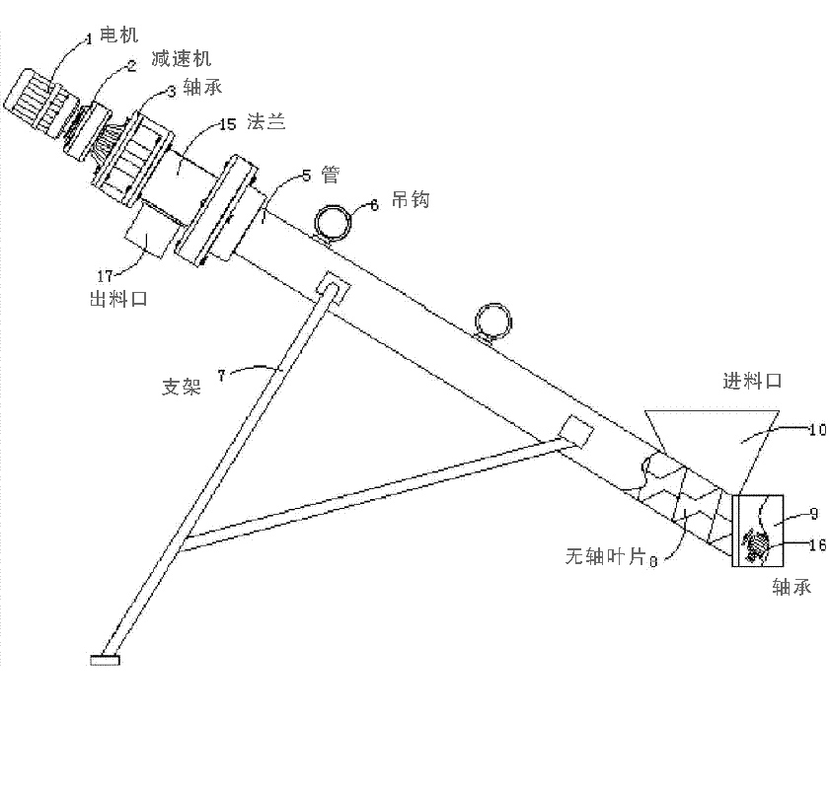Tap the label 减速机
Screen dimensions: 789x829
tap(182, 60)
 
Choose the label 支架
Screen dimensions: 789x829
tap(181, 386)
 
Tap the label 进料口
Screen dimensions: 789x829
tap(752, 381)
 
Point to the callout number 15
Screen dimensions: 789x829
tap(227, 125)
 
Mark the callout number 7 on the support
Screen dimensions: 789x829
tap(221, 374)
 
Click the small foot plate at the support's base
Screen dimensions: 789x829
tap(105, 660)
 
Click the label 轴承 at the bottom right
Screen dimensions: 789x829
tap(791, 587)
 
